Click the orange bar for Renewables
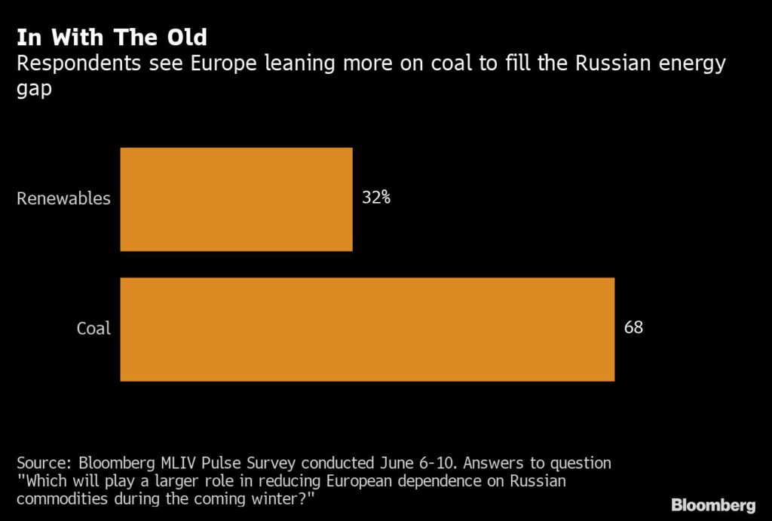tap(236, 199)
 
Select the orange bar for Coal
tap(367, 329)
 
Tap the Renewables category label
tap(63, 199)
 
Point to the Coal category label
tap(93, 329)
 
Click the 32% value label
tap(375, 199)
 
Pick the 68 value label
tap(634, 328)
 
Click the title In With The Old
tap(112, 37)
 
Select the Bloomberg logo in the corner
tap(713, 504)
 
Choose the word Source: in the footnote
tap(43, 463)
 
